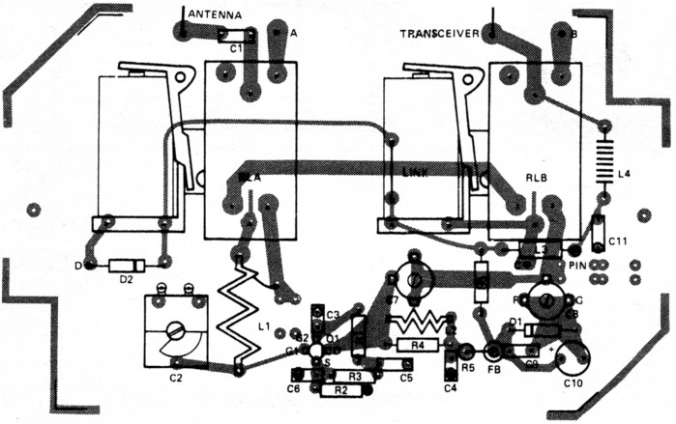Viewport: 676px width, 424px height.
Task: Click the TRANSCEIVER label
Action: coord(440,34)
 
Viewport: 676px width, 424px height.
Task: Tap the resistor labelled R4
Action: coord(418,344)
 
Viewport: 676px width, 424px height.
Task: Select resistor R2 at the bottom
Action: coord(338,391)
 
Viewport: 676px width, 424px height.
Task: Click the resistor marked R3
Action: coord(354,376)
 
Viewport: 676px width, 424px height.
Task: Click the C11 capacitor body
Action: coord(599,231)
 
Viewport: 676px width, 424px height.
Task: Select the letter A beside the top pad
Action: coord(294,32)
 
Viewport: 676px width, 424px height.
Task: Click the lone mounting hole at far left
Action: coord(35,209)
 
